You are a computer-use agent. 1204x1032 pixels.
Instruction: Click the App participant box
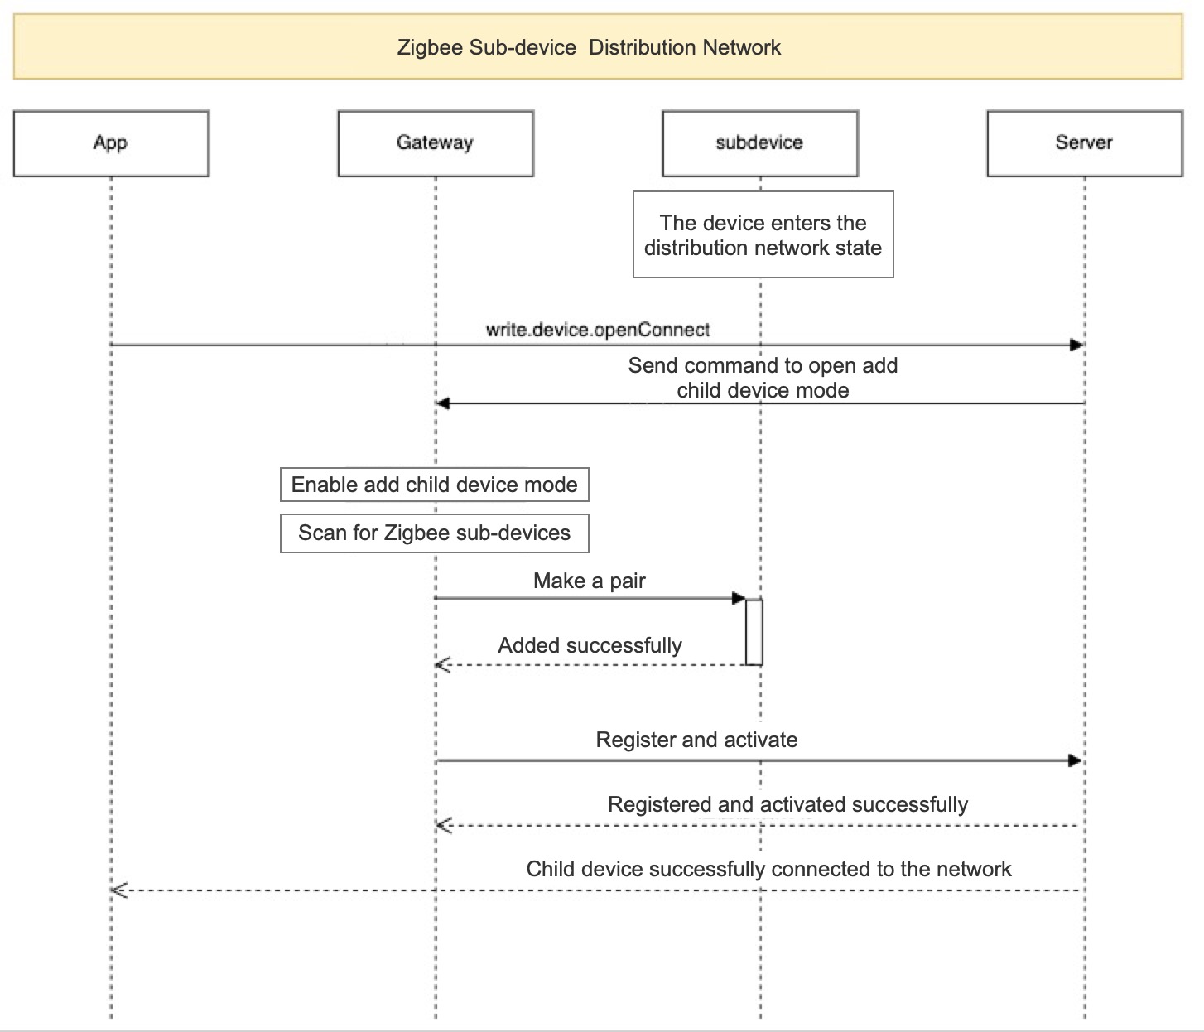click(x=111, y=143)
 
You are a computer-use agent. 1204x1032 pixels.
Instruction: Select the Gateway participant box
click(x=436, y=143)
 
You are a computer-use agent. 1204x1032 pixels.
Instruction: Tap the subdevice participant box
click(x=760, y=143)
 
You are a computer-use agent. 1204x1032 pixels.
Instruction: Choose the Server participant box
click(x=1085, y=143)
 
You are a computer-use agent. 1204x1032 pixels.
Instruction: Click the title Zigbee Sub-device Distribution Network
click(x=589, y=47)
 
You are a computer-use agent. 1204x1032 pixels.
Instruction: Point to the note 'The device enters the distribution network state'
click(x=763, y=234)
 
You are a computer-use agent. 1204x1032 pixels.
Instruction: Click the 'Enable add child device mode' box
click(x=435, y=485)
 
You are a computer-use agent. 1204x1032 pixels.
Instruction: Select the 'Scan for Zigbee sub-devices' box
click(x=435, y=533)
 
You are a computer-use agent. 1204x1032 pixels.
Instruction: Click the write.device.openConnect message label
click(x=598, y=330)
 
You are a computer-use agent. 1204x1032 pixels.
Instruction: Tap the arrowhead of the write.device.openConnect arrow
click(x=1077, y=345)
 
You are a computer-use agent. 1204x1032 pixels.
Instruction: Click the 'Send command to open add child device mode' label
click(x=763, y=378)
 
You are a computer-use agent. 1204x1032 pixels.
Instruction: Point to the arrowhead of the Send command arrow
click(x=443, y=403)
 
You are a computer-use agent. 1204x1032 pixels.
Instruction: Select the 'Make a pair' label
click(x=590, y=581)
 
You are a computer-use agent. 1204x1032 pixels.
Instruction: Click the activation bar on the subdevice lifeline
click(x=754, y=632)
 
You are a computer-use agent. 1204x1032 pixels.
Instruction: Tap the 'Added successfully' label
click(x=590, y=645)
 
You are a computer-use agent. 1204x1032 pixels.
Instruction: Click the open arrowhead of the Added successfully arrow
click(x=443, y=665)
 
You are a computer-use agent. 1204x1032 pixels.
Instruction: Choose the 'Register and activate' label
click(x=696, y=740)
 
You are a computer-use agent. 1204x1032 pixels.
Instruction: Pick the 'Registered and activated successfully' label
click(x=787, y=804)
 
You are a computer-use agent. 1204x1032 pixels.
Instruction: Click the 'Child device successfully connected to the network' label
click(x=769, y=869)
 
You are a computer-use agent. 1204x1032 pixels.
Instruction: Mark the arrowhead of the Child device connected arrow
click(x=119, y=890)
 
